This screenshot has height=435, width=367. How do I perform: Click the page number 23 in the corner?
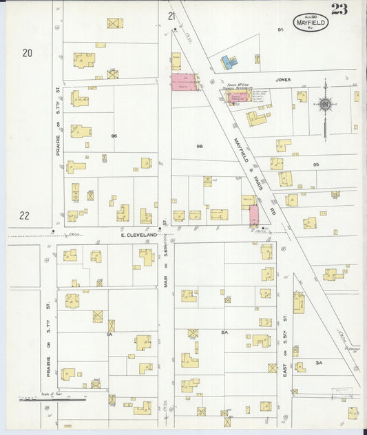coord(339,9)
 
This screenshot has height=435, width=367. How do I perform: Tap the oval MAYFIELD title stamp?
coord(311,22)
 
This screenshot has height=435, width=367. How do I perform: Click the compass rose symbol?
coord(325,105)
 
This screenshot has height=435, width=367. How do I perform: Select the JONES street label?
coord(283,80)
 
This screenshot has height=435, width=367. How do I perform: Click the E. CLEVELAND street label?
coord(140,235)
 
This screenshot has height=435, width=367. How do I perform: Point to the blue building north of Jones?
coord(229,63)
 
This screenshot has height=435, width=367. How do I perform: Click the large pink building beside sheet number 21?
coord(184,83)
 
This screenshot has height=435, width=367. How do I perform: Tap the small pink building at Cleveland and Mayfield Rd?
coord(253,214)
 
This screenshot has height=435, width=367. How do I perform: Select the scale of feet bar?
coord(52,399)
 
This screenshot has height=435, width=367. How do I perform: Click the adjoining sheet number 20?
coord(28,52)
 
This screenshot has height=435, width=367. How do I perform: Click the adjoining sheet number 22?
coord(24,215)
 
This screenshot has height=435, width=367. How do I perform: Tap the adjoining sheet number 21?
coord(171,16)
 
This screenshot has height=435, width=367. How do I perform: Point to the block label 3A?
coord(319,362)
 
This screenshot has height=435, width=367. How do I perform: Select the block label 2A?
coord(224,332)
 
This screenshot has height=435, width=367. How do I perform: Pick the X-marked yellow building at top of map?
coord(115,23)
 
